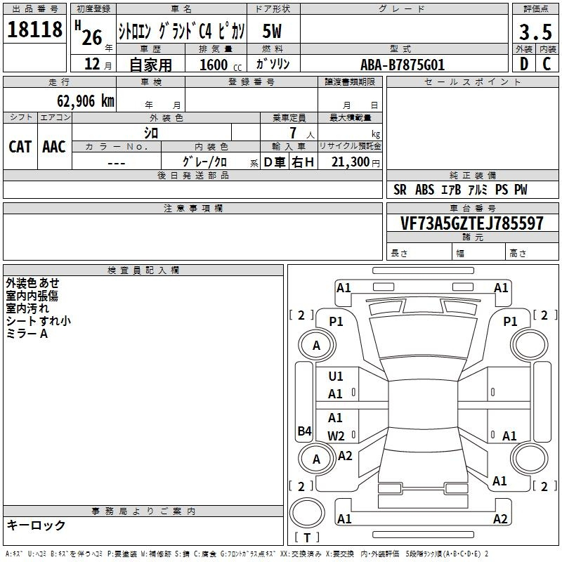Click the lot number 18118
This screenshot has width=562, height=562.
[x=34, y=30]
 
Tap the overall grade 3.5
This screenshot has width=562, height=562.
[x=535, y=32]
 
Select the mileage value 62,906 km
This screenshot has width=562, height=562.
[x=85, y=100]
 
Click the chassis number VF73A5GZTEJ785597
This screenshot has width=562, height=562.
[x=471, y=223]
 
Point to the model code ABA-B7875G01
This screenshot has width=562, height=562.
[x=403, y=65]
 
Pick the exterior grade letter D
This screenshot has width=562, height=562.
[x=523, y=64]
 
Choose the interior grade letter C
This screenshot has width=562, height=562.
[x=547, y=64]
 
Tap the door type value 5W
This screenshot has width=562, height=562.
[x=272, y=31]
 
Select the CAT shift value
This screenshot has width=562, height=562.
[x=20, y=147]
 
